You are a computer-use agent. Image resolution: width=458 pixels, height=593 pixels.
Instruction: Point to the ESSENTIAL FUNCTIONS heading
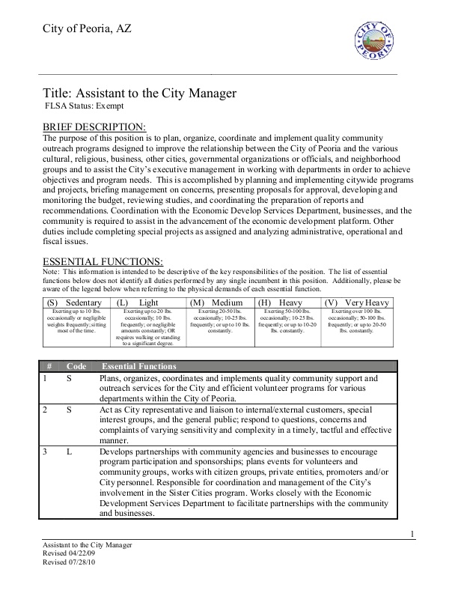click(103, 261)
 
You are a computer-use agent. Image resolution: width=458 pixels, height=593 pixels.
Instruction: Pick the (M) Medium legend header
click(220, 302)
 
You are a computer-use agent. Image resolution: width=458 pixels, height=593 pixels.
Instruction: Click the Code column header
click(76, 367)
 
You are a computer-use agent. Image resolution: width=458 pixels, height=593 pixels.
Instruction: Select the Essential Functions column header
click(138, 367)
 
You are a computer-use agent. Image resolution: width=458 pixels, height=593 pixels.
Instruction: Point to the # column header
click(49, 367)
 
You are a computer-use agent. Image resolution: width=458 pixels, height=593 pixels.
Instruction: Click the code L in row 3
click(69, 453)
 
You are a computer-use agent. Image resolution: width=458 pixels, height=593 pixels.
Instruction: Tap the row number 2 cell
click(45, 410)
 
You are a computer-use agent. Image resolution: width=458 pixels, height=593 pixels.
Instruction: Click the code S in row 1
click(69, 379)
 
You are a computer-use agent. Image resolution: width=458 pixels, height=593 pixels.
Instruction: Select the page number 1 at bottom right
click(412, 532)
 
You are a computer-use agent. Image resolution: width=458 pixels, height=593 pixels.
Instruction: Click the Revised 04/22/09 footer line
click(72, 553)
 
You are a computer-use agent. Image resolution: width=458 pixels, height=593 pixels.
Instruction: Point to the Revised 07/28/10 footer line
click(72, 562)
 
